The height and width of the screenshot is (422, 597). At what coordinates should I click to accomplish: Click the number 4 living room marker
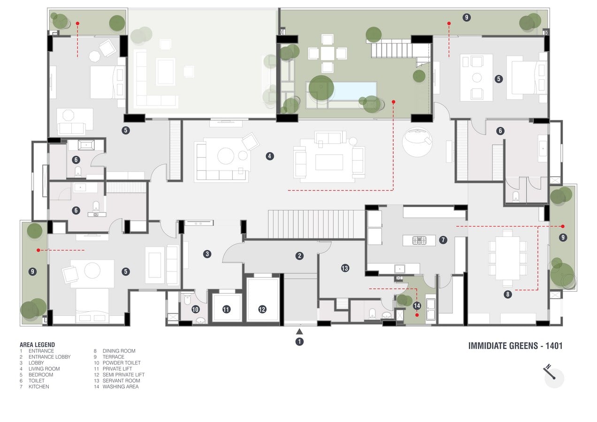point(270,156)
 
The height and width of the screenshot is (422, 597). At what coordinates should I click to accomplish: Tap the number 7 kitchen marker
point(443,240)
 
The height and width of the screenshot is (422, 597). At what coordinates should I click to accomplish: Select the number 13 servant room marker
point(345,268)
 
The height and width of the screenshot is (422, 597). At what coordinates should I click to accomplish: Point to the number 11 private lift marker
point(226,309)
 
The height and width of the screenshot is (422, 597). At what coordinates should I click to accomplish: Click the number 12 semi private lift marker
point(262,309)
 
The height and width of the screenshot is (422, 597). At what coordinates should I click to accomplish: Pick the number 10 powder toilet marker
point(195,309)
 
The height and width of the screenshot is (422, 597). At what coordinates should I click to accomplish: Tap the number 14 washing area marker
point(417,306)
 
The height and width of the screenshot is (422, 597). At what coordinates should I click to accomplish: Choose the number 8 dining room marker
point(507,294)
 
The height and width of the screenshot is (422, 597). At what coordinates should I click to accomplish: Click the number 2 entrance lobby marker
point(299,256)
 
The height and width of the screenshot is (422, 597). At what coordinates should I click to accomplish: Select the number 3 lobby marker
point(207,254)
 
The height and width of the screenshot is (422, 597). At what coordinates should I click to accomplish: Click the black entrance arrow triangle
point(299,332)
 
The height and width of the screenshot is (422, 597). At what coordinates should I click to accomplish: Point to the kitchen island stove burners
point(419,241)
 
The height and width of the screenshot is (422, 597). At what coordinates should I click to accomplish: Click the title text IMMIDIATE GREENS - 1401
point(515,346)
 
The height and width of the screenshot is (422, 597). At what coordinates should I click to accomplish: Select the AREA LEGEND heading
point(38,345)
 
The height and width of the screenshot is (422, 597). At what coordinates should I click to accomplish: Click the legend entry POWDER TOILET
point(122,362)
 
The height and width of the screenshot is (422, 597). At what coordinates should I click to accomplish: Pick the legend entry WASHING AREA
point(121,386)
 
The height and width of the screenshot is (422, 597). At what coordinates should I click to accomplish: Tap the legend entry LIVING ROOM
point(44,369)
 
